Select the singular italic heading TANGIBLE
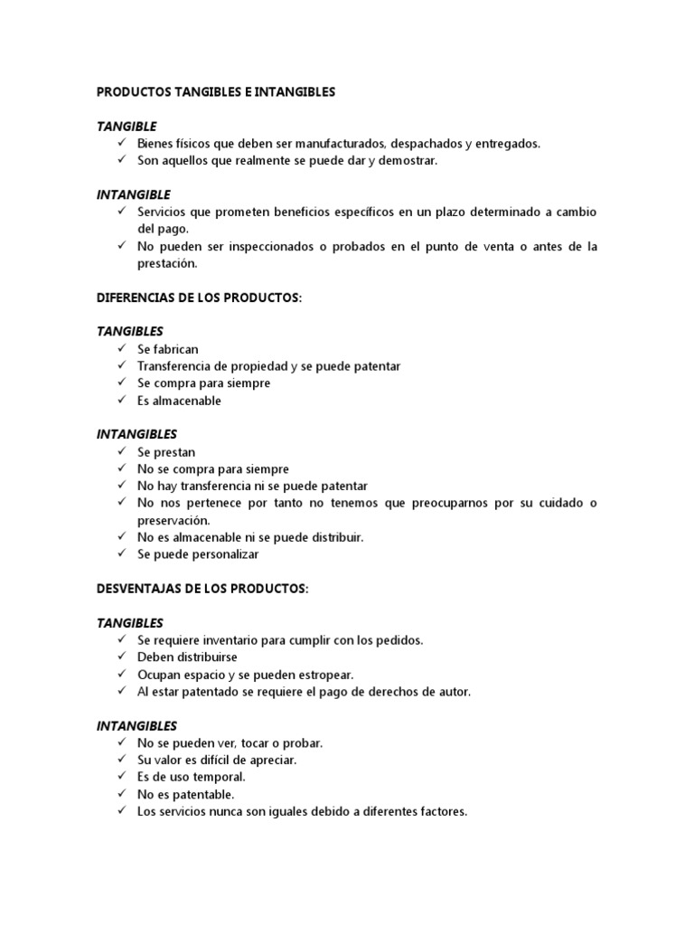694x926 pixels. pyautogui.click(x=127, y=126)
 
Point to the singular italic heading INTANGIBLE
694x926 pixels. pyautogui.click(x=133, y=194)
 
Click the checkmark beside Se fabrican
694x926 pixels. pyautogui.click(x=121, y=349)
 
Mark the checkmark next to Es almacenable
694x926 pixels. pyautogui.click(x=121, y=401)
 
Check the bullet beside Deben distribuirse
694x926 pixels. pyautogui.click(x=121, y=657)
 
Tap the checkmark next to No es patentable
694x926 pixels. pyautogui.click(x=121, y=794)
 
